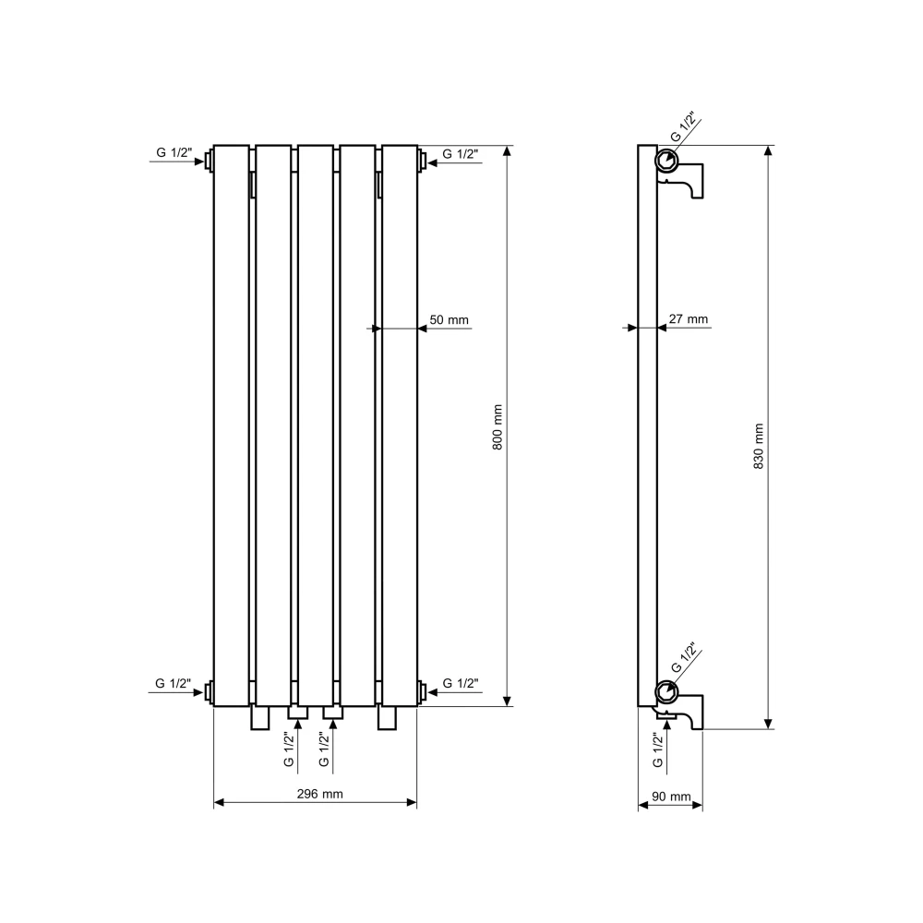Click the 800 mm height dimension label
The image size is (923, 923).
click(498, 427)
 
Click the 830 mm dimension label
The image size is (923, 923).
click(759, 446)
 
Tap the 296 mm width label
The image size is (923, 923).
click(319, 794)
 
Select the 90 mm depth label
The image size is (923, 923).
click(671, 797)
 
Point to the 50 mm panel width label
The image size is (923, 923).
click(450, 319)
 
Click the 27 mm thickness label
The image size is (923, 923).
click(689, 319)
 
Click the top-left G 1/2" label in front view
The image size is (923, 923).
click(174, 152)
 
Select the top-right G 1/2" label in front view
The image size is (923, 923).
click(461, 153)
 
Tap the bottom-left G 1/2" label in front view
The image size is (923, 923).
click(174, 683)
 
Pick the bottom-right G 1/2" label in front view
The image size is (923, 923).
click(461, 683)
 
